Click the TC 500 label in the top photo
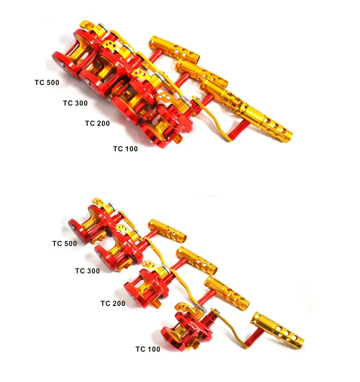click(x=47, y=83)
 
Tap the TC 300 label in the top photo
click(x=75, y=103)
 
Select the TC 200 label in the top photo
click(x=97, y=123)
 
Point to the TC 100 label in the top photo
click(x=125, y=149)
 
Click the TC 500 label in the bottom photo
click(x=64, y=243)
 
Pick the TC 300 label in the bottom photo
click(x=87, y=271)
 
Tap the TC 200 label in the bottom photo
click(x=113, y=303)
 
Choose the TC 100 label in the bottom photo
click(x=148, y=349)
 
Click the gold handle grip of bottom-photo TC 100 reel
click(x=277, y=328)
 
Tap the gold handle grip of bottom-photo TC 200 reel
click(x=227, y=294)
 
